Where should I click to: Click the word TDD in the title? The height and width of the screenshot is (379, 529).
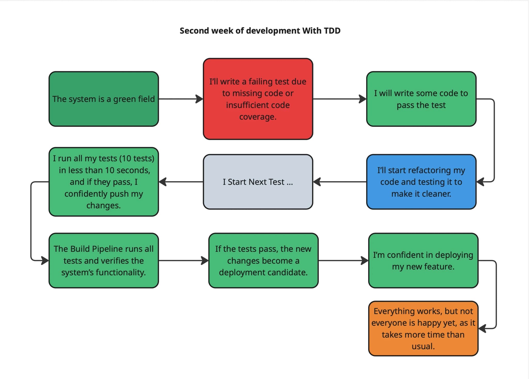coord(332,31)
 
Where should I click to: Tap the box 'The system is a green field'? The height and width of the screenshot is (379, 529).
coord(104,99)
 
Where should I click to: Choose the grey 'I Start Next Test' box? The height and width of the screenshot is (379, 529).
coord(258,182)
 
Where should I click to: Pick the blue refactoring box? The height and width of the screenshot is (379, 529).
coord(421,182)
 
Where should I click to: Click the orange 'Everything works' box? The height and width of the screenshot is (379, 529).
coord(423,328)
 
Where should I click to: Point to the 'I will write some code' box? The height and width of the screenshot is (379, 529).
coord(421,99)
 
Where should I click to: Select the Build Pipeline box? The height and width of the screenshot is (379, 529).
coord(104,260)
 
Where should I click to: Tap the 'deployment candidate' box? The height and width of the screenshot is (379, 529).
coord(263,260)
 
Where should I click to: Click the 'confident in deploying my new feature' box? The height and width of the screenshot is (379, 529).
coord(423,260)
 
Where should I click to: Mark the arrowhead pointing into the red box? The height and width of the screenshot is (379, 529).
coord(200,99)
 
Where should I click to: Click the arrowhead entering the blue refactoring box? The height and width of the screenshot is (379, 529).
coord(480,182)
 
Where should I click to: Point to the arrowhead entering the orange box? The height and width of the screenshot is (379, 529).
coord(482,329)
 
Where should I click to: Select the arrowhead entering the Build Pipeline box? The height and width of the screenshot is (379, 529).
coord(45,260)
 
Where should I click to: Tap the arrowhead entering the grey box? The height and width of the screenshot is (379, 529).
coord(317,182)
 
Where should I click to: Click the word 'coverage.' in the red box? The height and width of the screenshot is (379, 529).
coord(258,117)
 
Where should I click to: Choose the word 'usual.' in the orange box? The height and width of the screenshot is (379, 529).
coord(423,346)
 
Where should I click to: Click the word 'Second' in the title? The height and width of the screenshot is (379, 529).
coord(194,31)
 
